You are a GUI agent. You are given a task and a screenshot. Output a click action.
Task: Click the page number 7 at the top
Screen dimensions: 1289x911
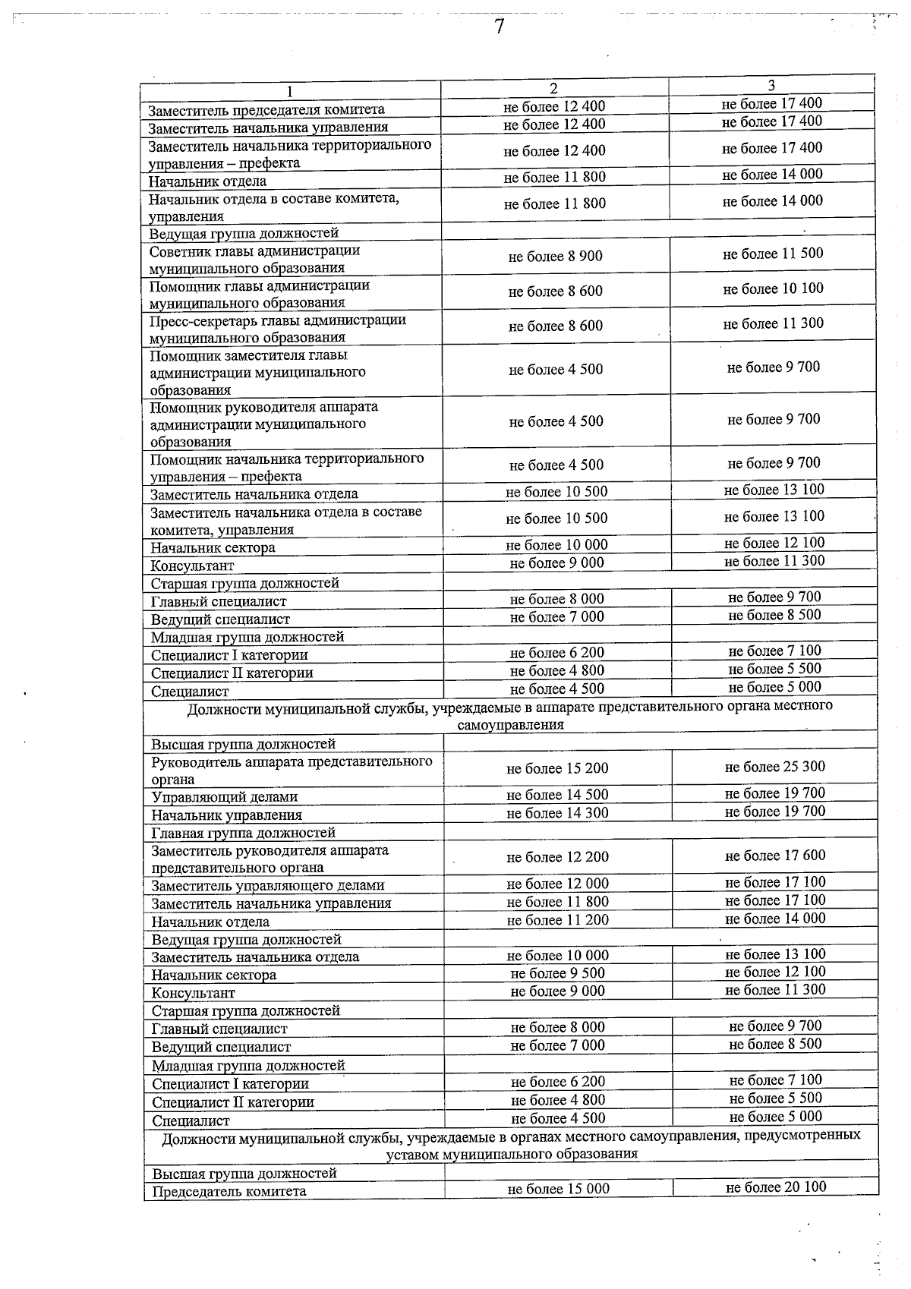point(499,27)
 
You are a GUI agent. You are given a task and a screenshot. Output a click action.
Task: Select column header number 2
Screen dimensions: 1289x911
point(553,89)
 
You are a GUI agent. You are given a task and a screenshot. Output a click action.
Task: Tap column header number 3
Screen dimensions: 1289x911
point(771,86)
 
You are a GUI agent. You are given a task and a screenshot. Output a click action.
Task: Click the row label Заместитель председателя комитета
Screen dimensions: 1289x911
point(266,110)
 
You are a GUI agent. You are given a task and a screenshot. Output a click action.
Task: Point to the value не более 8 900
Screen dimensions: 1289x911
point(555,257)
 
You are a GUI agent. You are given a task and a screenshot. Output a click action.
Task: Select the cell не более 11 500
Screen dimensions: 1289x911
point(772,254)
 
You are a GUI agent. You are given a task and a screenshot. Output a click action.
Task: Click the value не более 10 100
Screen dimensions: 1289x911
point(773,288)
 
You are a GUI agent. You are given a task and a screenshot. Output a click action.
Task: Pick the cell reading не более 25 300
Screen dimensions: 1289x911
point(774,767)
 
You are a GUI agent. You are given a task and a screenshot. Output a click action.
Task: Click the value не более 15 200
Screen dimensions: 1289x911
point(557,768)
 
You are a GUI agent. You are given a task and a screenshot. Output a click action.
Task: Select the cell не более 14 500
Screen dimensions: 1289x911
point(557,795)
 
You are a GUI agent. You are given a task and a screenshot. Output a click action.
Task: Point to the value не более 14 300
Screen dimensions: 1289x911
point(557,813)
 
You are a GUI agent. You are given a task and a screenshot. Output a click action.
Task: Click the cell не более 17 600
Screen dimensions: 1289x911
point(774,856)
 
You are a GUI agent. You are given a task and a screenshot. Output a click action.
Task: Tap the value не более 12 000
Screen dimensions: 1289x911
point(557,884)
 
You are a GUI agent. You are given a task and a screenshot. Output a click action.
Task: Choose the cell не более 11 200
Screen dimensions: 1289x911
point(557,920)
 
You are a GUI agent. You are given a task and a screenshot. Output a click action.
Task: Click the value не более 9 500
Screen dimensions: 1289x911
point(557,973)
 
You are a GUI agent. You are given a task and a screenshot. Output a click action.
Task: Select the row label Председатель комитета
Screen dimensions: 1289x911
point(229,1192)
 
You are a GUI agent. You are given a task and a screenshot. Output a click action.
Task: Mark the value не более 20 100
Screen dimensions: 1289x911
point(775,1187)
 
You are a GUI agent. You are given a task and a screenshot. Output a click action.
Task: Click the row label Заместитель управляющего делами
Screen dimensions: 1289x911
point(267,886)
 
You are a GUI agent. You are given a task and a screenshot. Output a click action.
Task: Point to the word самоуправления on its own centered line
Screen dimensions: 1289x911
point(510,725)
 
